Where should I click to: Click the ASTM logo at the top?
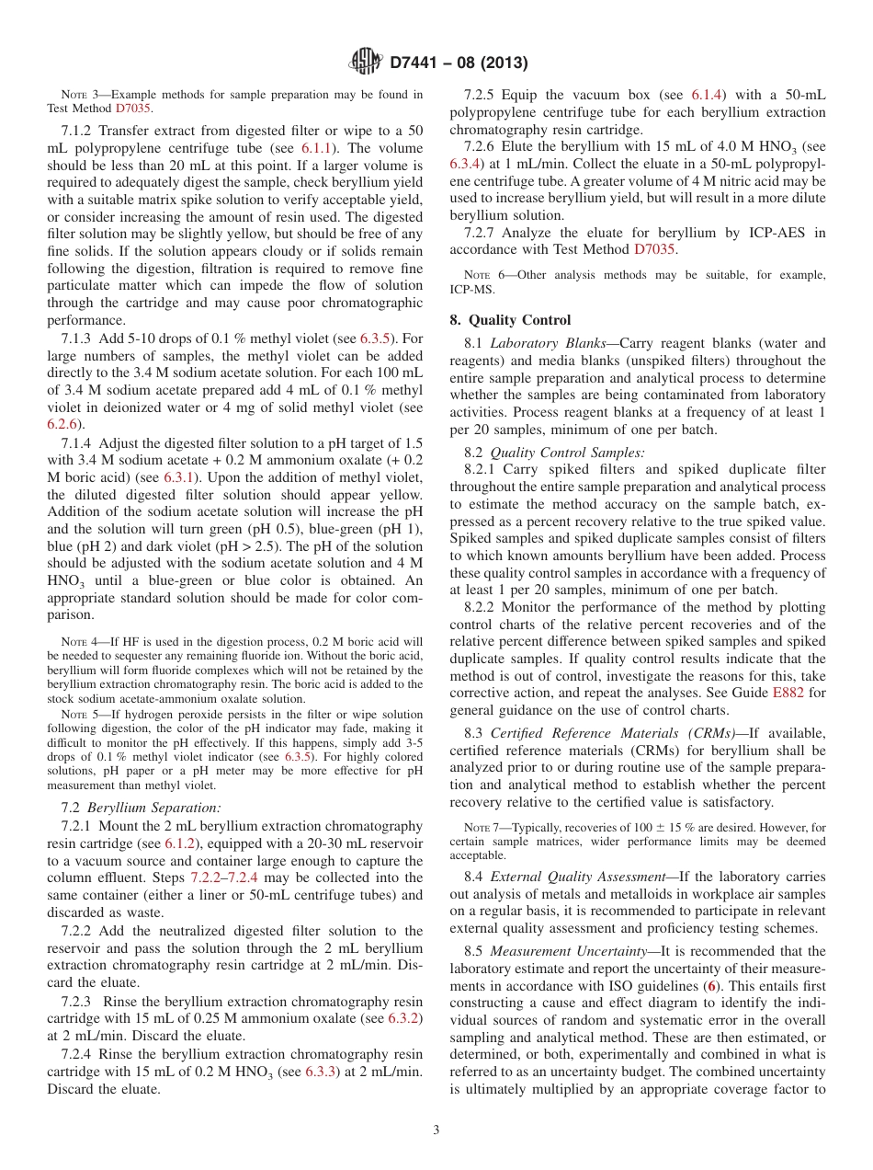368,63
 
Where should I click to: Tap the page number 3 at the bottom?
436,1130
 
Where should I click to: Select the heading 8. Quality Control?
510,320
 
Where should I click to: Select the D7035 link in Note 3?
134,108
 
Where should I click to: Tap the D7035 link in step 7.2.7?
654,249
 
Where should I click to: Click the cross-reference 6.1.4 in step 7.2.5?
709,95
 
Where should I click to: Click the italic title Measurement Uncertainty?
564,950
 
